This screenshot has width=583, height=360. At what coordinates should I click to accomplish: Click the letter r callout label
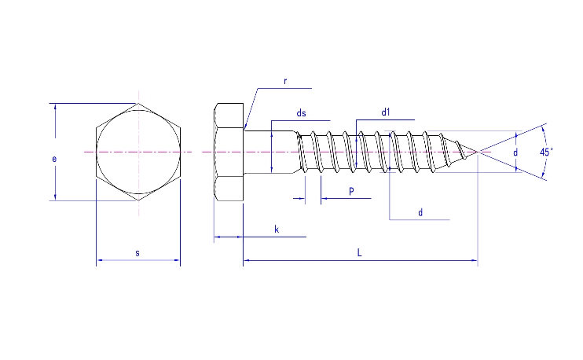(285, 81)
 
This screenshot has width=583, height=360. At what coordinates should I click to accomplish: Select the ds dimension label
(301, 114)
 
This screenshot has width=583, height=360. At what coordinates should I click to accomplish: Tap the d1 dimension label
(386, 113)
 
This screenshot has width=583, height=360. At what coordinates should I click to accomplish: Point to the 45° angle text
(546, 151)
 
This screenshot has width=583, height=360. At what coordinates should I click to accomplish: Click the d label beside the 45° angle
(515, 151)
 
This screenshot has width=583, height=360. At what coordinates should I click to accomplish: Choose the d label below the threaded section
(420, 212)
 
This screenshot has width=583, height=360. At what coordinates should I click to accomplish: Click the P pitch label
(350, 191)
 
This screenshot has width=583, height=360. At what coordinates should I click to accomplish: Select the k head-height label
(277, 229)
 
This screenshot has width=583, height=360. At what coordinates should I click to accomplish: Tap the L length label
(359, 252)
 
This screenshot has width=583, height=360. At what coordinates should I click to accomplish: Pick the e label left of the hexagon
(54, 159)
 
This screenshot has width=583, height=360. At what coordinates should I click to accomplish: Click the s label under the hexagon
(137, 252)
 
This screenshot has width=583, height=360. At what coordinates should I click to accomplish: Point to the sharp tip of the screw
(476, 151)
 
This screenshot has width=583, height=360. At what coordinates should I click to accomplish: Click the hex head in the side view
(229, 151)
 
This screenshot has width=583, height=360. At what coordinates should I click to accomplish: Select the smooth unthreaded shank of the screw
(271, 151)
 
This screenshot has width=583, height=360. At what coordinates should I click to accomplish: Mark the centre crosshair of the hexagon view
(138, 151)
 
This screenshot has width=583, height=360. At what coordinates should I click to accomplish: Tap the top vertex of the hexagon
(138, 103)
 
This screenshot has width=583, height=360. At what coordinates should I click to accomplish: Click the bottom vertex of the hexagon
(138, 200)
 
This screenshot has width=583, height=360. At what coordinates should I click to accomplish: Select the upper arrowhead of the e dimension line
(55, 107)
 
